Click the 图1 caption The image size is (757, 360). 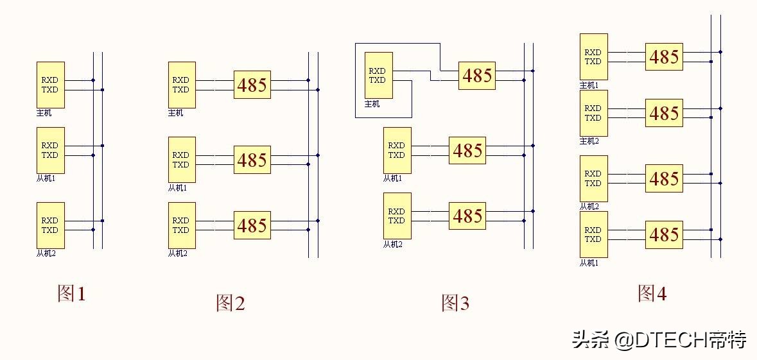pos(71,293)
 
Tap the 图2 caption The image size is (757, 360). pos(231,303)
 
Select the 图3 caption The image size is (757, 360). pos(455,303)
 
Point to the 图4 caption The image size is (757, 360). pos(652,293)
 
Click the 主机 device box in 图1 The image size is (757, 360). pos(51,85)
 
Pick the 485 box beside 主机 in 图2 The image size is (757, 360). pos(252,85)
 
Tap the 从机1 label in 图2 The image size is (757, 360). pos(177,188)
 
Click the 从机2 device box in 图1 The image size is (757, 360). pos(51,225)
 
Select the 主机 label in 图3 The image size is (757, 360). pos(372,104)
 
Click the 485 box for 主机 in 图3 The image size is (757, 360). pos(477,76)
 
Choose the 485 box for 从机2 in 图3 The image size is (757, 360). pos(467,216)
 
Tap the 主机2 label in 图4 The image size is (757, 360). pos(589,141)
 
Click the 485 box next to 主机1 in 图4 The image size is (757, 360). pos(665,57)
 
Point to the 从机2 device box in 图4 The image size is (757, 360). pos(594,178)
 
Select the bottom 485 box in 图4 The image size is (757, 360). pos(665,235)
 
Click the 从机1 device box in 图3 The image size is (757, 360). pos(397,151)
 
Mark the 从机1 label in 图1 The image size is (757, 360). pos(46,178)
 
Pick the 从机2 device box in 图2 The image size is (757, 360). pos(182,225)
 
